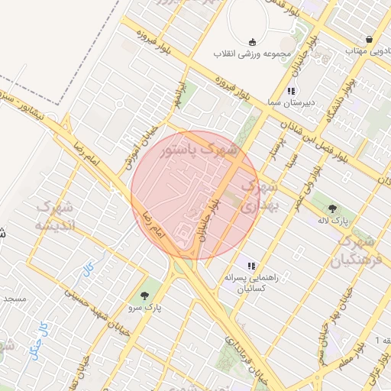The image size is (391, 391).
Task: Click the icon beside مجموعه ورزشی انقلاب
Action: point(253,42)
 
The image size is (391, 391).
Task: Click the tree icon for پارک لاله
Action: point(331,208)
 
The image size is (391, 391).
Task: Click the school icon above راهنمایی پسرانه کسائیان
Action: point(251,266)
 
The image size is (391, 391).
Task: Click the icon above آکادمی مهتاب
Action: point(370,39)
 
